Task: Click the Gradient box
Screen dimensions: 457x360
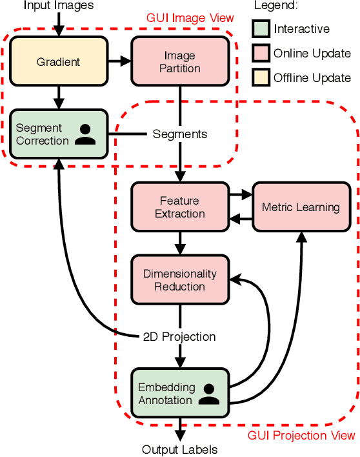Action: coord(58,61)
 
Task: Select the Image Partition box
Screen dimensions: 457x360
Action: coord(180,61)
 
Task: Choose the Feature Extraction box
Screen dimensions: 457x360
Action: coord(180,207)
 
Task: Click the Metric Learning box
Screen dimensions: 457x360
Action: coord(301,207)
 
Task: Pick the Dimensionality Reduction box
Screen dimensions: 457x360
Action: coord(180,280)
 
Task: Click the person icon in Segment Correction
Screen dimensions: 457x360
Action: coord(85,134)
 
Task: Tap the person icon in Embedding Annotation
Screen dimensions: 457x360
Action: coord(208,394)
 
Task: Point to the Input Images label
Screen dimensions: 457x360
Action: coord(58,6)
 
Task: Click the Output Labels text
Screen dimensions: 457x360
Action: coord(180,449)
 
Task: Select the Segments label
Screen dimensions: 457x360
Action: coord(180,134)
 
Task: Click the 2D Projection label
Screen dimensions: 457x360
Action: coord(179,337)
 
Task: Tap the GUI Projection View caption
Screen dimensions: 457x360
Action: coord(301,436)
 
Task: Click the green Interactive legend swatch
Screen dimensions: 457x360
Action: coord(260,28)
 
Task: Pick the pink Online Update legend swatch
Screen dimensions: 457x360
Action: coord(260,53)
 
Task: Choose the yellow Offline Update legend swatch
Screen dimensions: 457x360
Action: coord(260,77)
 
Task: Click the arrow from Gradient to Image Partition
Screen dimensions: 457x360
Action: coord(119,61)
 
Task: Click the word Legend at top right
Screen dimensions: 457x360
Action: coord(274,6)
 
